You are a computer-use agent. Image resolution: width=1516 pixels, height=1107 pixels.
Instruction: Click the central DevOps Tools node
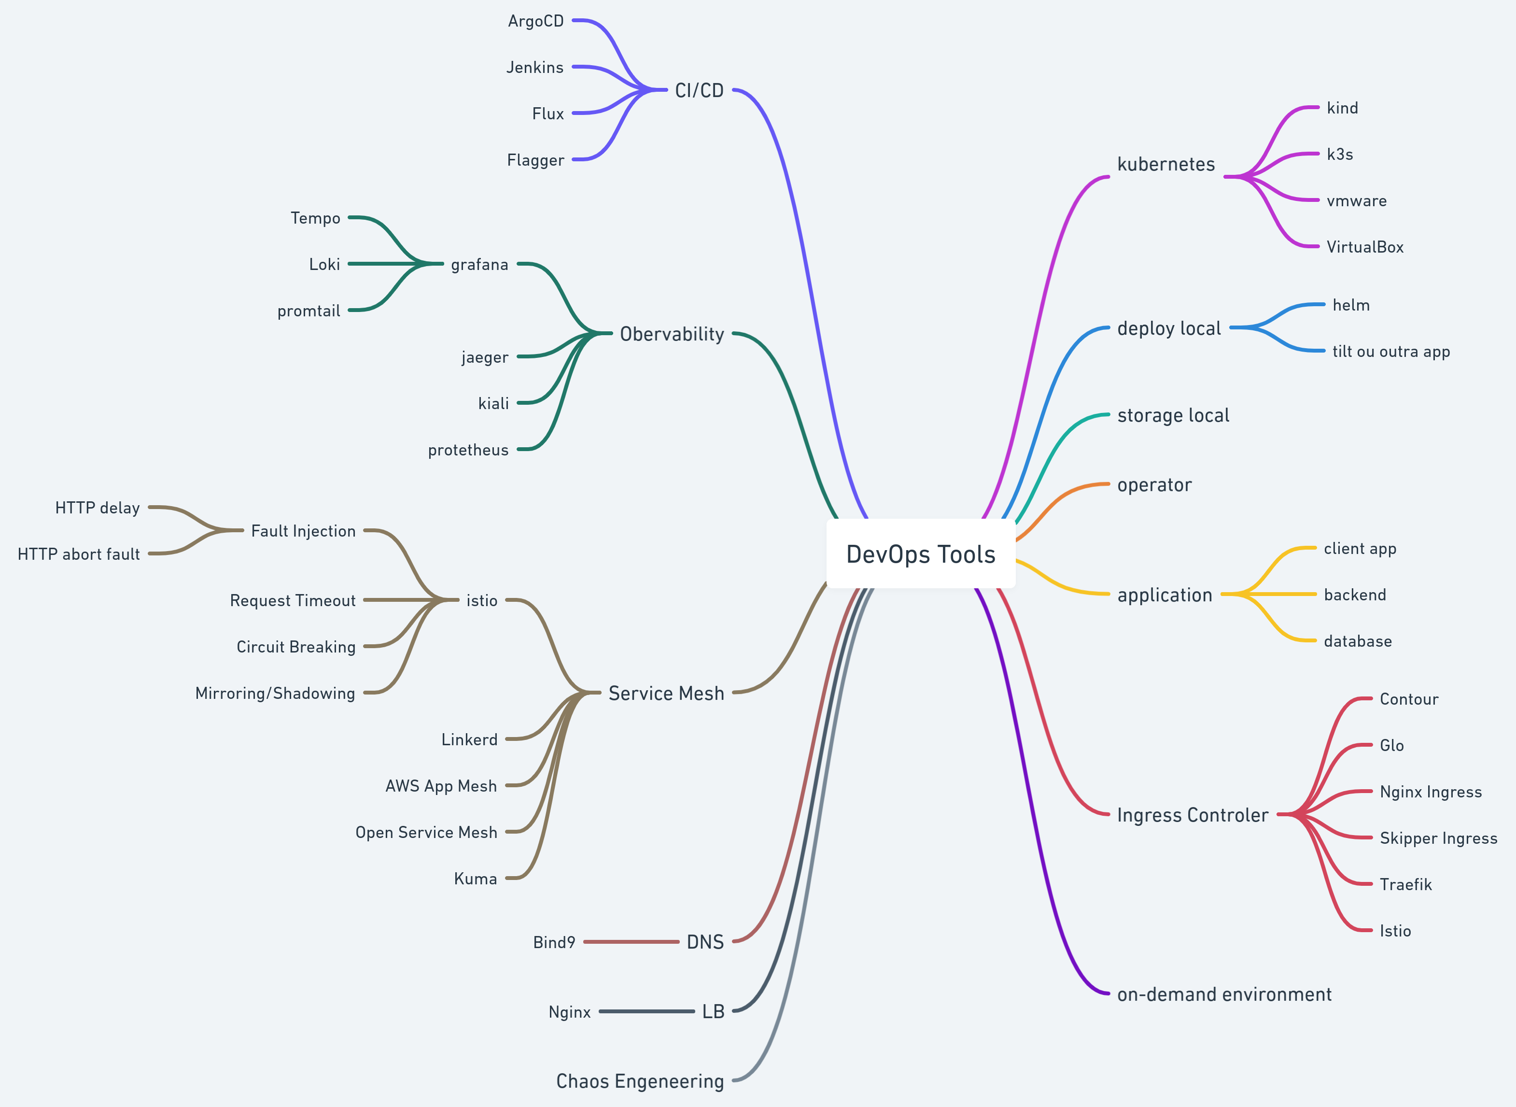point(920,554)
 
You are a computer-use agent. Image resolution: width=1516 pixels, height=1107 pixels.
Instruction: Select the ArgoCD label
point(535,21)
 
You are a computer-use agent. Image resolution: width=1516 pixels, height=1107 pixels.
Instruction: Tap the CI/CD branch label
point(699,90)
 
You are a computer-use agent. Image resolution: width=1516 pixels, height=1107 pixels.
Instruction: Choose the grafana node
point(479,265)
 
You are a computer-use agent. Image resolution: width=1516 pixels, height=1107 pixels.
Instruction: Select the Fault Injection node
point(303,531)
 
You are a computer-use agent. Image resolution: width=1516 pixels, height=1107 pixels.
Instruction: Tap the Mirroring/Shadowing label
point(275,693)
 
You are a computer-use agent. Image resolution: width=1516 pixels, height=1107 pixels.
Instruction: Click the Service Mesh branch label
point(666,693)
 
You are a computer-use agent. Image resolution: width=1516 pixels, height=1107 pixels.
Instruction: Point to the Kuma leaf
point(475,879)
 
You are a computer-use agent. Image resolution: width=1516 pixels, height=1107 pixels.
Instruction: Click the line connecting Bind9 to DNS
point(631,941)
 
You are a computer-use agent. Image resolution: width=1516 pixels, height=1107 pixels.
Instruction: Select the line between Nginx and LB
point(646,1011)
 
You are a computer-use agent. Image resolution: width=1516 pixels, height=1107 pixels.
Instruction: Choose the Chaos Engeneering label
point(640,1081)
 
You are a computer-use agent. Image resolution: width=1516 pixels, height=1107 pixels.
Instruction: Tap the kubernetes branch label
point(1165,164)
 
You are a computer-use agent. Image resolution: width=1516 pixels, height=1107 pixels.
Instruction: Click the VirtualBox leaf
point(1364,247)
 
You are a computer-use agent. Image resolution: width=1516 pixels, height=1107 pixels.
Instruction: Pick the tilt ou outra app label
point(1391,351)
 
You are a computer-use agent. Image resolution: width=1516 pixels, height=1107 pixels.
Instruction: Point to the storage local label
point(1173,415)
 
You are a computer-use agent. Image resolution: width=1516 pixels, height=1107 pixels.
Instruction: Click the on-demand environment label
point(1224,994)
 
